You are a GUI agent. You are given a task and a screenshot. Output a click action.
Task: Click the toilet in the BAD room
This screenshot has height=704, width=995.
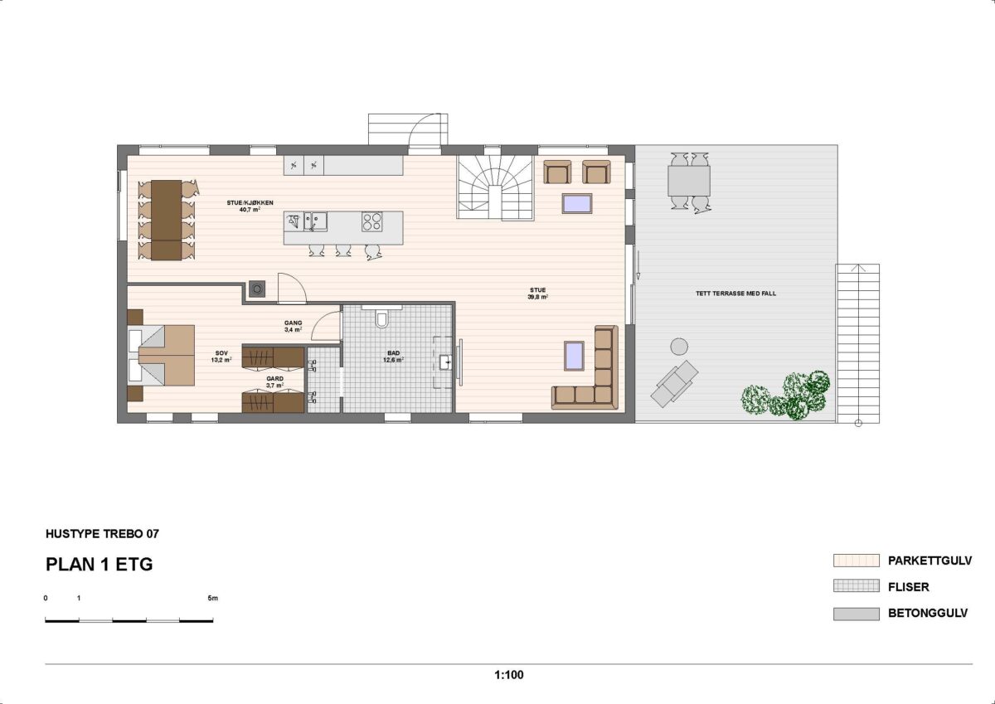coord(382,319)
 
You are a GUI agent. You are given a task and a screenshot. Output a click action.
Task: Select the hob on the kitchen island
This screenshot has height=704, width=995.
coord(371,221)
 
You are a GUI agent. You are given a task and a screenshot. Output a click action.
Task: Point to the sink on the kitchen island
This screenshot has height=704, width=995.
coord(318,221)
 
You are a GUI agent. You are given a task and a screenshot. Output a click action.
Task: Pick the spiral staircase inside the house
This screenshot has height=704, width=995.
coord(496,187)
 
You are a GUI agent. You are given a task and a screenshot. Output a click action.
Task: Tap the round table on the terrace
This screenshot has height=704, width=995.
coord(679,346)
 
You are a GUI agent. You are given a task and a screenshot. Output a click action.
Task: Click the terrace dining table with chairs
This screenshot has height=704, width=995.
coord(689,180)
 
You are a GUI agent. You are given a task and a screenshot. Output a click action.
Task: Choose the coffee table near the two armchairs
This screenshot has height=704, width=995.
coord(576,203)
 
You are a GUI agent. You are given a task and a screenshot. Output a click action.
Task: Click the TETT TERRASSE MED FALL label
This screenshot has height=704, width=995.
coord(735,294)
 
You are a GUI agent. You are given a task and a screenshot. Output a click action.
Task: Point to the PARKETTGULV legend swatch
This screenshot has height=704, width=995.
coord(856,561)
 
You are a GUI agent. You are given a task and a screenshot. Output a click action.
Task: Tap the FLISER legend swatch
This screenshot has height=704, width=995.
coord(856,587)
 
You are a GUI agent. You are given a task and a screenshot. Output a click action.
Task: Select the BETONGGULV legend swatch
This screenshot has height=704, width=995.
coord(856,614)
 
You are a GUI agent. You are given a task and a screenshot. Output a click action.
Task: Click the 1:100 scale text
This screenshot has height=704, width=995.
coord(508,675)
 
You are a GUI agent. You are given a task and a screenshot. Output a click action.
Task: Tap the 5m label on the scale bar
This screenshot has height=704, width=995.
coord(212,598)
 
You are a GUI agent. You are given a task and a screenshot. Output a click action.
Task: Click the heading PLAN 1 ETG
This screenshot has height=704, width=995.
coord(99,565)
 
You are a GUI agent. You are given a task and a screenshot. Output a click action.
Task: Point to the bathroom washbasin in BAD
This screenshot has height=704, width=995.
coord(446,362)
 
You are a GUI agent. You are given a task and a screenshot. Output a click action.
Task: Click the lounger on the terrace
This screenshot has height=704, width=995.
coord(673,384)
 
